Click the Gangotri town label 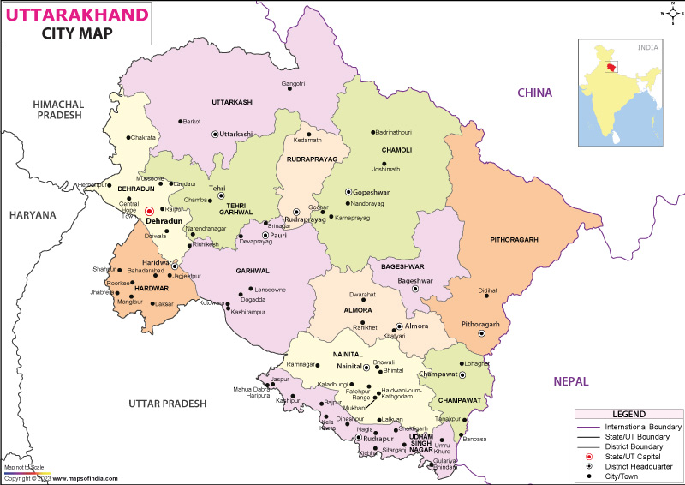tap(293, 83)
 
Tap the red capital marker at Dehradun tap(149, 210)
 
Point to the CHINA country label tap(533, 93)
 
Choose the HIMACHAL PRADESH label tap(57, 109)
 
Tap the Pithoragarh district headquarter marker tap(482, 334)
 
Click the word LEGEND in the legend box tap(628, 415)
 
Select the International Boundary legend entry tap(643, 427)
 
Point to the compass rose tap(669, 14)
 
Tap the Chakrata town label tap(143, 137)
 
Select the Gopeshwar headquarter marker tap(348, 192)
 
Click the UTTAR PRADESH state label tap(167, 403)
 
